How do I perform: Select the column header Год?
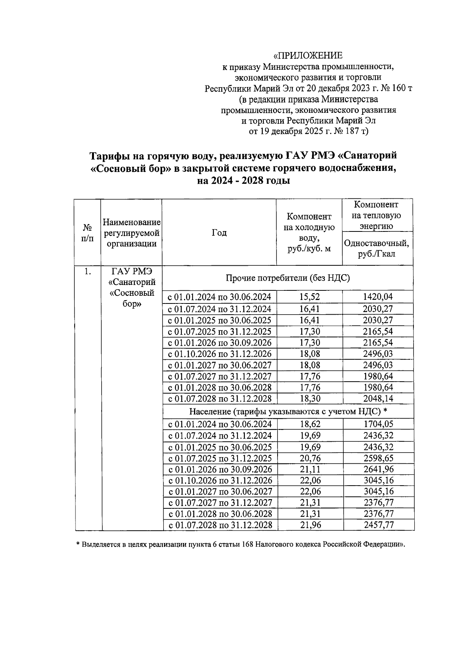(219, 233)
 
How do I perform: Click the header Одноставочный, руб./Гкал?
(377, 248)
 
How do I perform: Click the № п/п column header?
(88, 233)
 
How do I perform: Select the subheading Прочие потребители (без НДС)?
(288, 278)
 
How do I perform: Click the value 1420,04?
(378, 297)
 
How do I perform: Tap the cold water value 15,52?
(310, 297)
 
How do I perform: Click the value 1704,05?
(378, 424)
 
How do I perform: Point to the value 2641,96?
(378, 469)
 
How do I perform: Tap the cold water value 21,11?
(310, 469)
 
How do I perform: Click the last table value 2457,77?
(378, 525)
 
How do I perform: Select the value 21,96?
(310, 525)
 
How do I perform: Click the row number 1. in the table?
(88, 272)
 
